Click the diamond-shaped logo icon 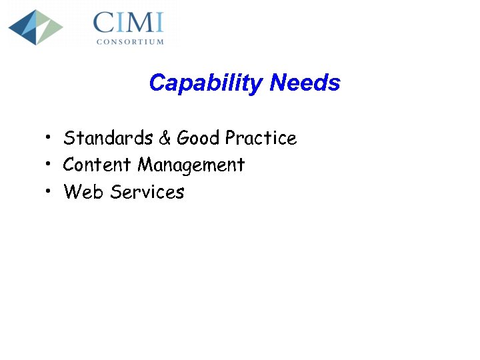pyautogui.click(x=35, y=27)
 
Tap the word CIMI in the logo pyautogui.click(x=129, y=23)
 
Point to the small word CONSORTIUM pyautogui.click(x=130, y=41)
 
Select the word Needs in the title pyautogui.click(x=305, y=83)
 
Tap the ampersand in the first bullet pyautogui.click(x=165, y=138)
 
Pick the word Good pyautogui.click(x=198, y=138)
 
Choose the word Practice pyautogui.click(x=261, y=138)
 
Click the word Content pyautogui.click(x=97, y=165)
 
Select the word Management pyautogui.click(x=191, y=165)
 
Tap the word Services pyautogui.click(x=147, y=192)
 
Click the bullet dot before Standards pyautogui.click(x=49, y=137)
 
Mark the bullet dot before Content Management pyautogui.click(x=49, y=164)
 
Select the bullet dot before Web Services pyautogui.click(x=49, y=191)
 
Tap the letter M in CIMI pyautogui.click(x=136, y=23)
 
